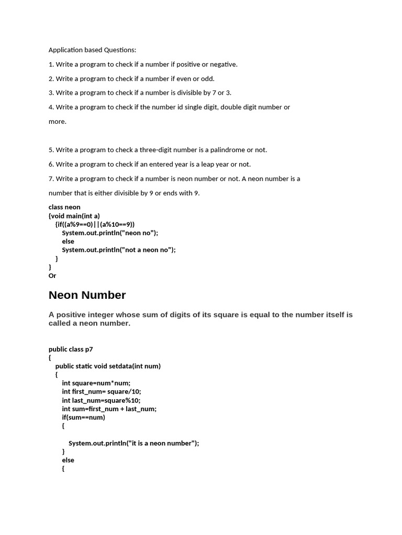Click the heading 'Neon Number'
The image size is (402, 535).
87,295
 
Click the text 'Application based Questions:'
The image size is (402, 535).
92,50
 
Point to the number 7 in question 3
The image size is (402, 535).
213,93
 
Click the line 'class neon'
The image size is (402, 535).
64,207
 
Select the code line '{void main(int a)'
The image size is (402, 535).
74,216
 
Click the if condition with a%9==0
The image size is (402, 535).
95,224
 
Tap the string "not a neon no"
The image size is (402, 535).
148,250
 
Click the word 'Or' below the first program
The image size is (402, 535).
52,276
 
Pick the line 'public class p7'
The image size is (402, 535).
71,350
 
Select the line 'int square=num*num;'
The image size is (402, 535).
96,383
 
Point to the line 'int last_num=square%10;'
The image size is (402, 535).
101,400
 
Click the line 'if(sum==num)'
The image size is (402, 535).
83,417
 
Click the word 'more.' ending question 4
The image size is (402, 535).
58,122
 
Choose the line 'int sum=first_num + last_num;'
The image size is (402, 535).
109,409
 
